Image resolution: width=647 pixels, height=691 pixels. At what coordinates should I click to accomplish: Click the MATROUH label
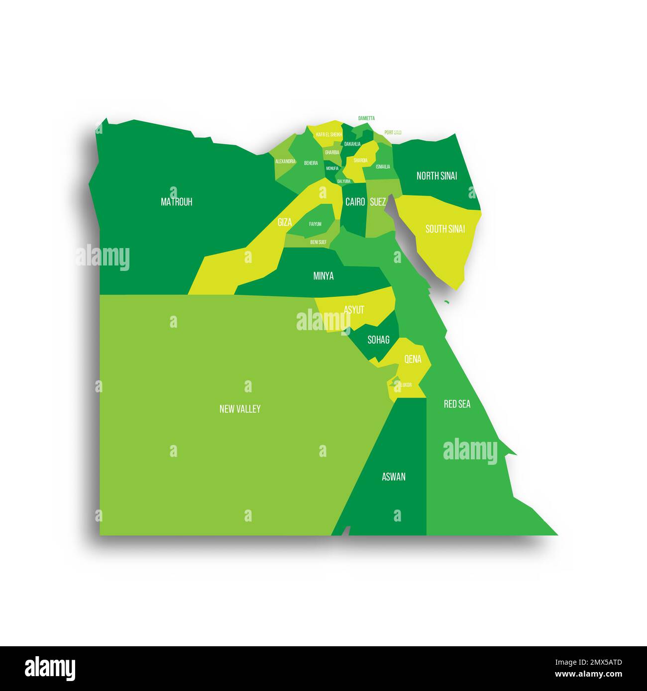(176, 202)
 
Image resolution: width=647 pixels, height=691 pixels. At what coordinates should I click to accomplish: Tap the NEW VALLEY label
(240, 409)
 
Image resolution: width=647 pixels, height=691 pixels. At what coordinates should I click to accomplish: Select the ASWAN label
(393, 477)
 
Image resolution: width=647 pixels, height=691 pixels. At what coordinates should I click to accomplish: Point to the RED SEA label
(457, 404)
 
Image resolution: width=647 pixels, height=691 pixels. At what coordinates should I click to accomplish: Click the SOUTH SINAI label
(445, 229)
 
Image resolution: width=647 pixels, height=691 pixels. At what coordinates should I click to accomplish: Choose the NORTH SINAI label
(436, 175)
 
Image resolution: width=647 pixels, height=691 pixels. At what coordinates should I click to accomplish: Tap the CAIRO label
(355, 202)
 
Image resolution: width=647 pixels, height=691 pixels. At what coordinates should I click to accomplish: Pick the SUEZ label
(378, 202)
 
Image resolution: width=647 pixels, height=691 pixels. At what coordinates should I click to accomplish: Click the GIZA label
(285, 222)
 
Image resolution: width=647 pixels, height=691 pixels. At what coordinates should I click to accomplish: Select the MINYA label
(323, 276)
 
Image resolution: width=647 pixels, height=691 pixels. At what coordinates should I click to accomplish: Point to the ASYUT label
(354, 310)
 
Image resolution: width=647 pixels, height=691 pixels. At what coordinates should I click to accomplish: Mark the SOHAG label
(378, 340)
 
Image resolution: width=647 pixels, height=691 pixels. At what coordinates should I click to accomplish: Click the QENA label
(413, 359)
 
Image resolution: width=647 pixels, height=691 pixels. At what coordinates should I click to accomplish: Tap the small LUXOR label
(406, 385)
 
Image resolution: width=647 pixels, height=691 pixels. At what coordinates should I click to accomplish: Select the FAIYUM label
(315, 224)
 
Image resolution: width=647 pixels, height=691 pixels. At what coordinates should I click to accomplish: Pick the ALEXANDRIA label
(285, 162)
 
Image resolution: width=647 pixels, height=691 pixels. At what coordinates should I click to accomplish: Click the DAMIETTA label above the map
(366, 118)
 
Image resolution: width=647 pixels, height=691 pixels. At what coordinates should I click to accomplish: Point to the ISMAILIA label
(383, 167)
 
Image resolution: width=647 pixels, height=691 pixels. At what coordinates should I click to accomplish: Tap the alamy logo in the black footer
(50, 667)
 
